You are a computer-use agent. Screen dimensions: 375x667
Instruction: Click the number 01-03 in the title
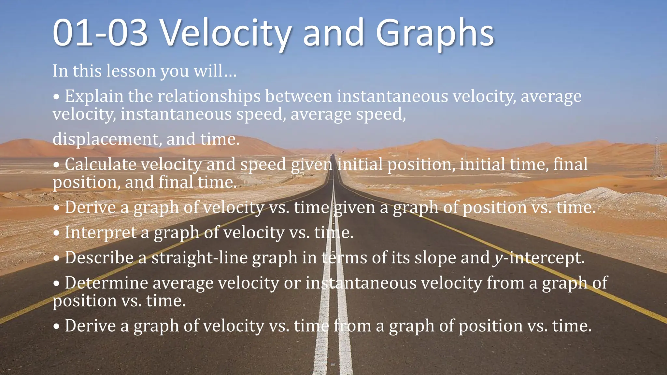pyautogui.click(x=100, y=33)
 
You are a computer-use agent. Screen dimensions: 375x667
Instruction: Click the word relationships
pyautogui.click(x=209, y=97)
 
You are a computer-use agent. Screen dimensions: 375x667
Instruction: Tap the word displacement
pyautogui.click(x=107, y=139)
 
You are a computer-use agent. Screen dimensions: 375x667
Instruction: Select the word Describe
pyautogui.click(x=99, y=258)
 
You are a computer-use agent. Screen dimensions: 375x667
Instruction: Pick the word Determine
pyautogui.click(x=106, y=283)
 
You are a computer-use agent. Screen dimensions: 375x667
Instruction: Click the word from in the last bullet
pyautogui.click(x=352, y=326)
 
